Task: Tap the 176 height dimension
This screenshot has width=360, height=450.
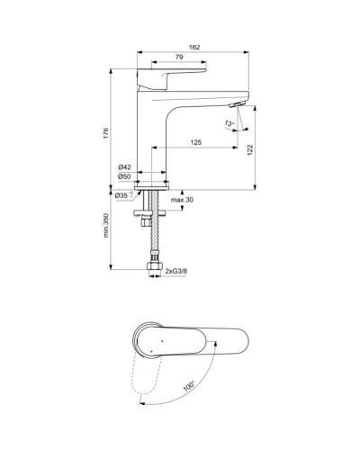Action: point(106,132)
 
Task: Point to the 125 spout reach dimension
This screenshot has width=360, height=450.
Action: point(194,142)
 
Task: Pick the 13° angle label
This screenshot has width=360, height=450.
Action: point(230,122)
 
